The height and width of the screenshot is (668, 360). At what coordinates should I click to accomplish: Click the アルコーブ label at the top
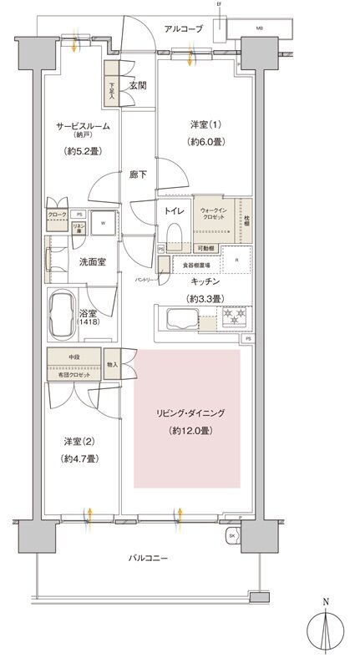(184, 28)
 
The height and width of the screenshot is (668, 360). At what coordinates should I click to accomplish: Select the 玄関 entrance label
(139, 84)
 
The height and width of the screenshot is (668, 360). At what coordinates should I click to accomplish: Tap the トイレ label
(174, 212)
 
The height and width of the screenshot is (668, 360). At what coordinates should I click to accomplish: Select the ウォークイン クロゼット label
(215, 217)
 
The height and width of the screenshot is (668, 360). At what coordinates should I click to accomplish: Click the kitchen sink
(182, 318)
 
